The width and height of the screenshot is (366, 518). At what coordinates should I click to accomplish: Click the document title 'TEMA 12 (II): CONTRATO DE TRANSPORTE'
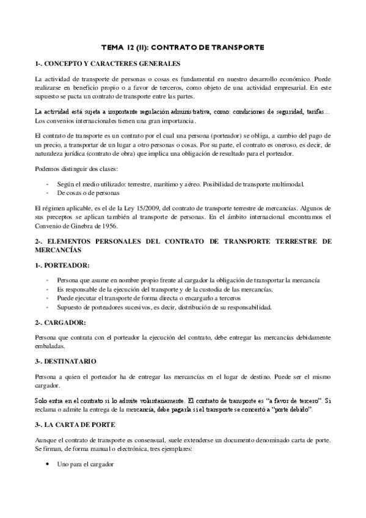point(183,46)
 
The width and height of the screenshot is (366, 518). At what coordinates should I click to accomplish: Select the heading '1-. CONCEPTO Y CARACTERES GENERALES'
point(108,64)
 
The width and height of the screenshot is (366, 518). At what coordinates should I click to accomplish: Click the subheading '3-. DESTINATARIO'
point(65,361)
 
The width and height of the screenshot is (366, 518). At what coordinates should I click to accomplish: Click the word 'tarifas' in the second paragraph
point(312,112)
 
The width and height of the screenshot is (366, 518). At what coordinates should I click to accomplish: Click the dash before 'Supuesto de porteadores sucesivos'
point(48,306)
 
